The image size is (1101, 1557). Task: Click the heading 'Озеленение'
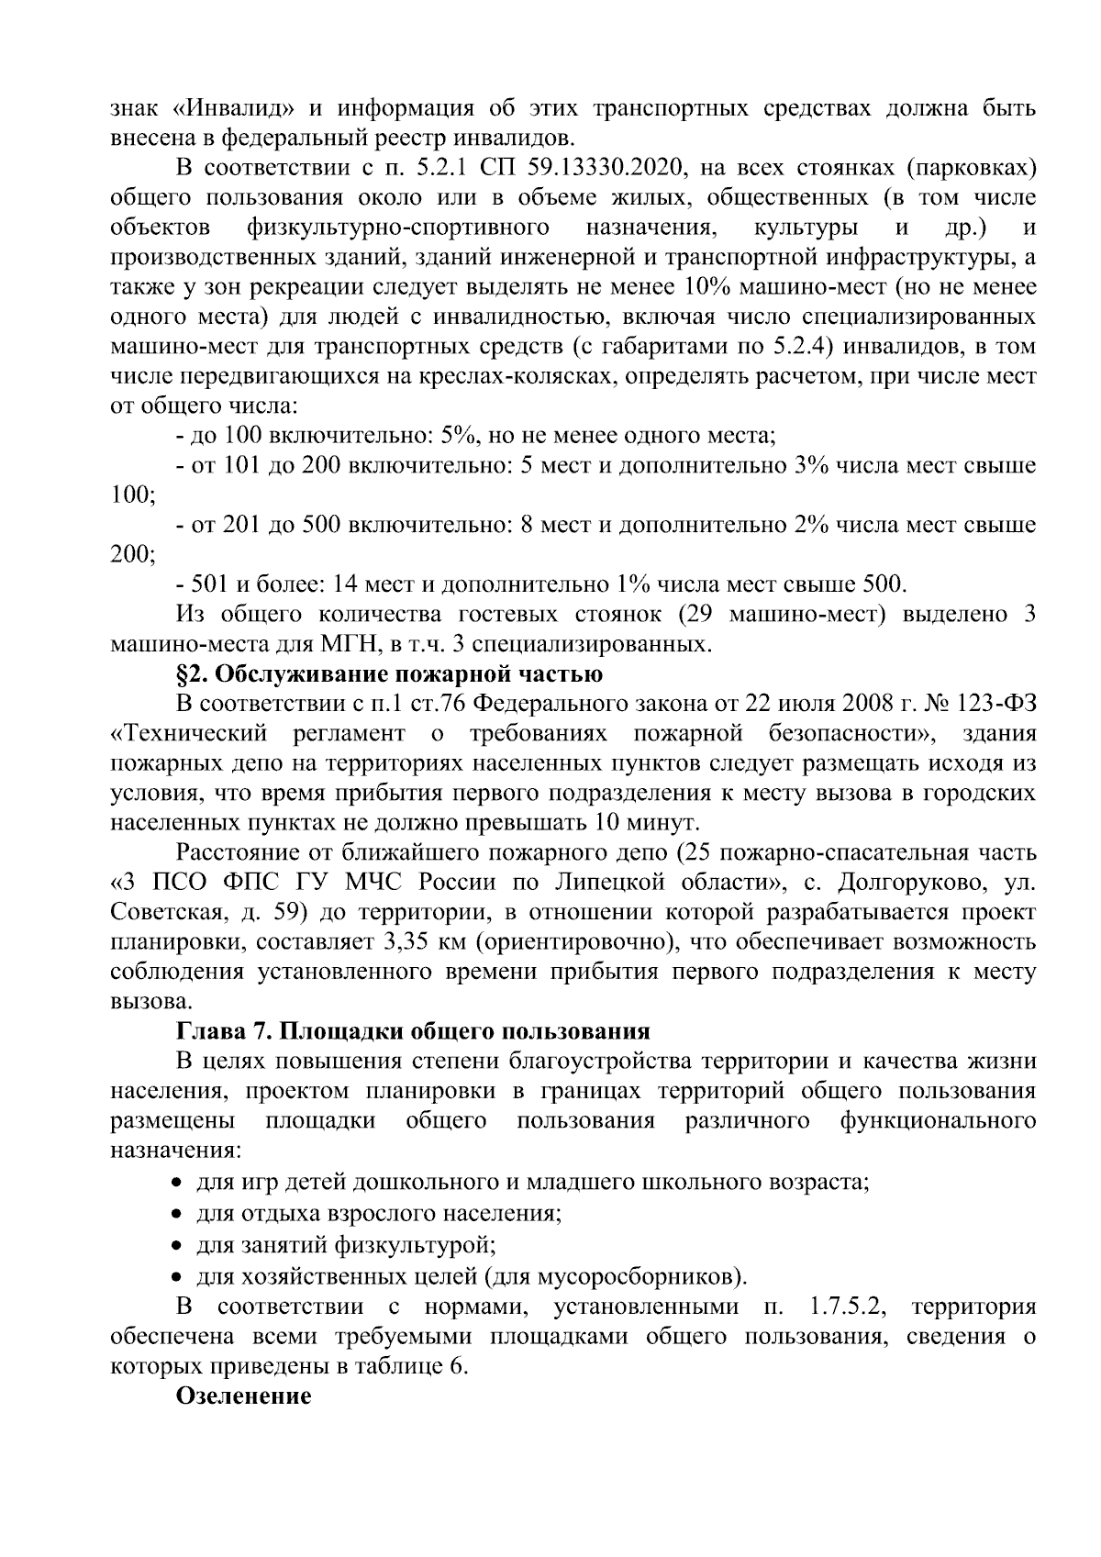(x=243, y=1396)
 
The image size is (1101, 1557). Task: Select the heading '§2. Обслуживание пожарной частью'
(x=389, y=674)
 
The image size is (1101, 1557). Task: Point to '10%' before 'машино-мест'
(x=706, y=287)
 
